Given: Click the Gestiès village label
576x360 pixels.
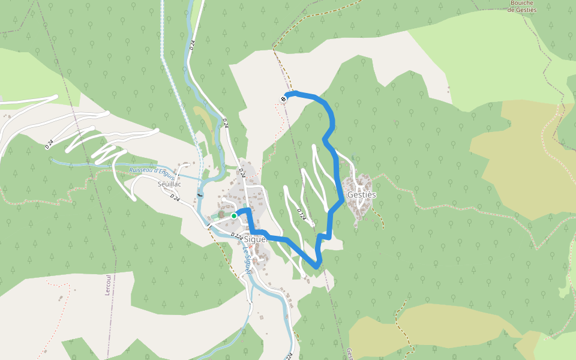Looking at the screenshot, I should point(361,195).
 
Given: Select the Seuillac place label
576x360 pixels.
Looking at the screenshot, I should point(169,184).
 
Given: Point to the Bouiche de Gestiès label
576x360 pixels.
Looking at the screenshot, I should point(522,6).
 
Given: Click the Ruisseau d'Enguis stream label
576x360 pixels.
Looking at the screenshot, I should point(151,173).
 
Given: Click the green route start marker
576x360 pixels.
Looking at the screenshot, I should point(234,216).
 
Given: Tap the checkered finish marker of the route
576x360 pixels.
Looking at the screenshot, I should point(283,98).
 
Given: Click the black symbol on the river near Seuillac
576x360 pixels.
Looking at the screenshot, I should point(200,194).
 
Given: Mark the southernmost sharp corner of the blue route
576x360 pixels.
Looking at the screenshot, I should point(316,266).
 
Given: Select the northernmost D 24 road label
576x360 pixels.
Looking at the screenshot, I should point(191,44).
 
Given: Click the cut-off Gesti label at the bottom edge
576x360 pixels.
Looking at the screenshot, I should point(349,354).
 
